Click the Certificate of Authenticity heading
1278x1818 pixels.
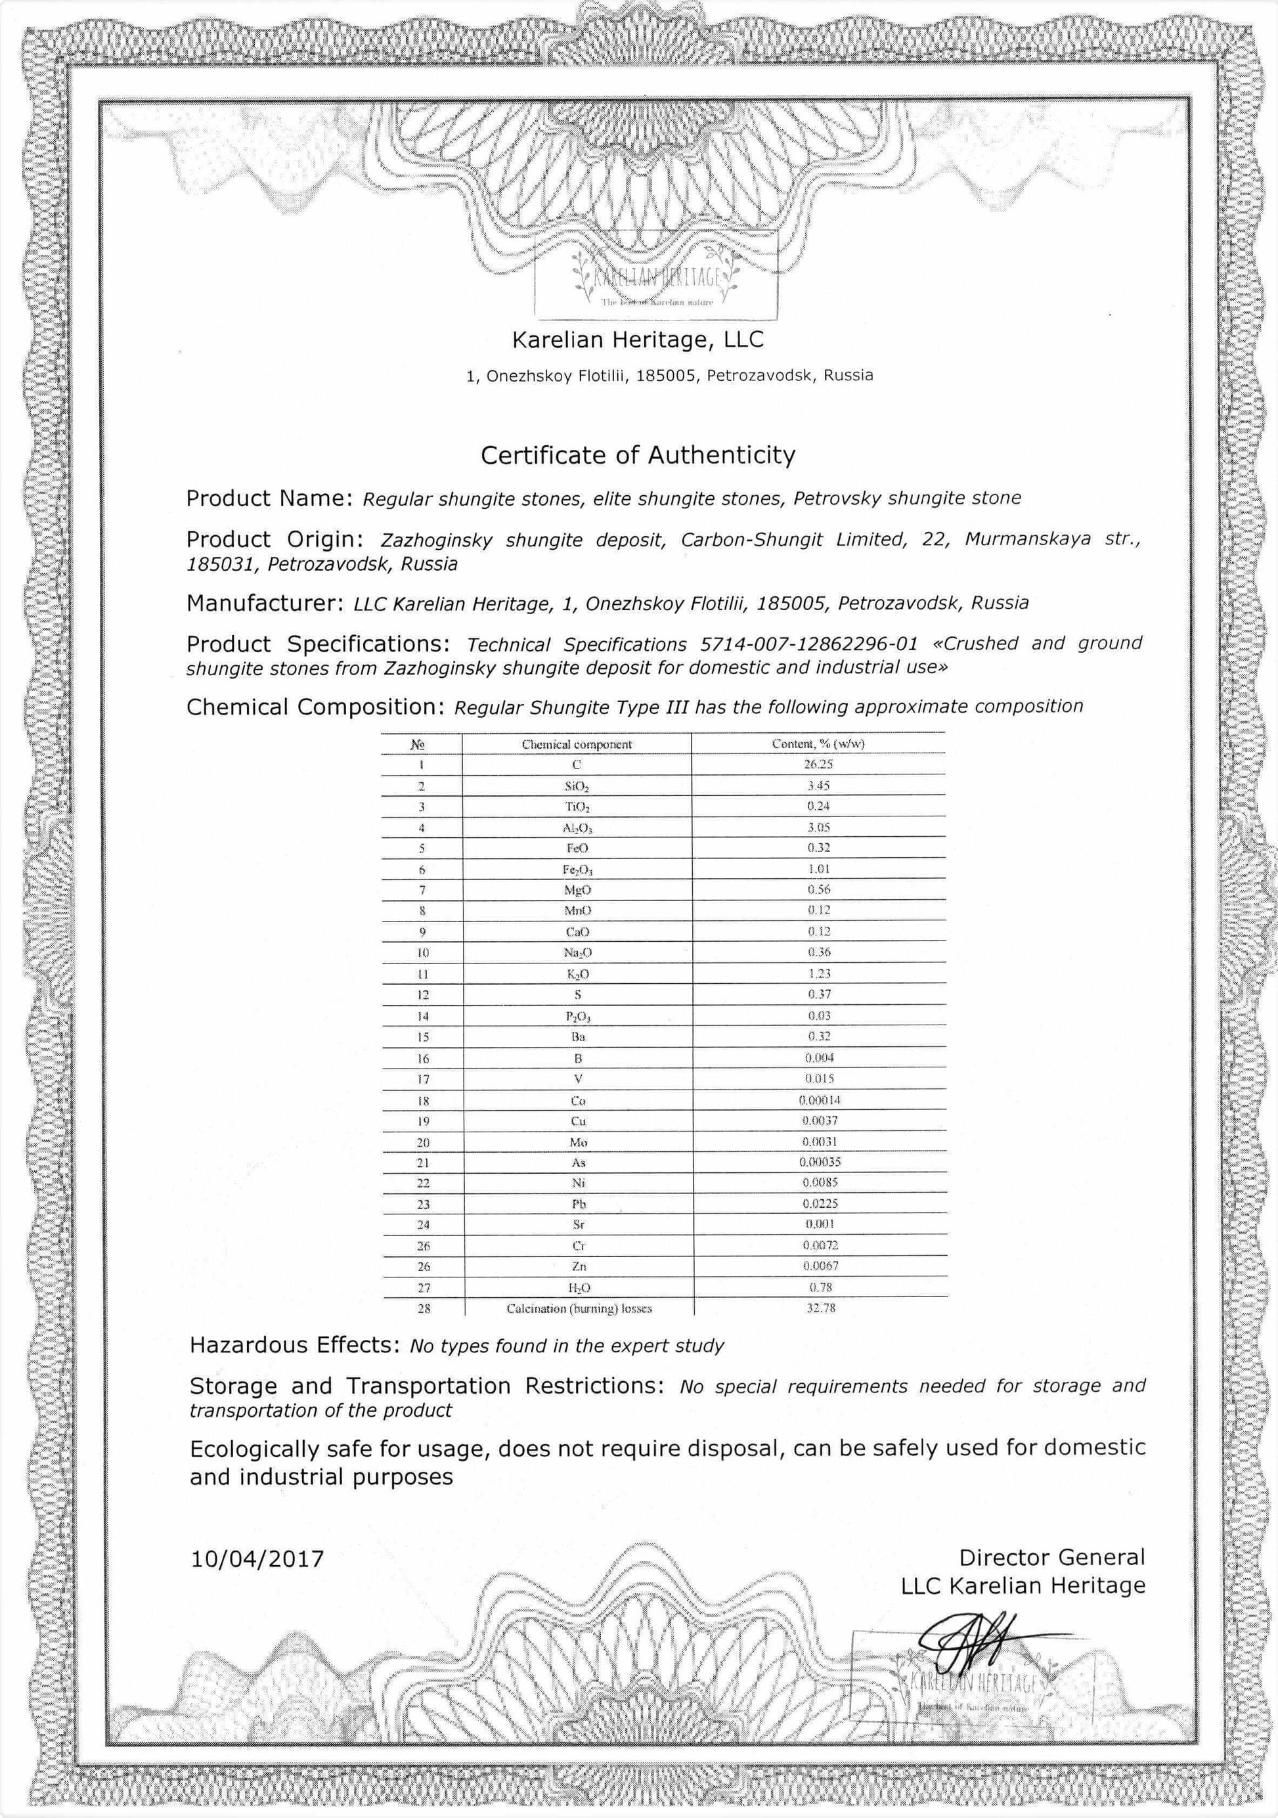pyautogui.click(x=638, y=455)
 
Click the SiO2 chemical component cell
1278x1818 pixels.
pyautogui.click(x=577, y=786)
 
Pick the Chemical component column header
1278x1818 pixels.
pyautogui.click(x=577, y=744)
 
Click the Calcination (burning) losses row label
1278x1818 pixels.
pyautogui.click(x=579, y=1309)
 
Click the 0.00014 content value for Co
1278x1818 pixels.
pyautogui.click(x=820, y=1100)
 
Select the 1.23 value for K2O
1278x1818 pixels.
pyautogui.click(x=819, y=974)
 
